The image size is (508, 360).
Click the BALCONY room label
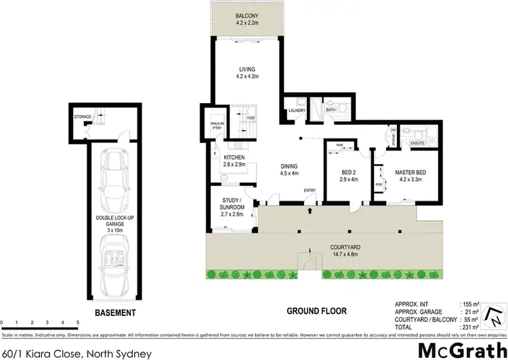245,15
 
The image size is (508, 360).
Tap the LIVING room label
245,68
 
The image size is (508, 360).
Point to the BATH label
331,109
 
